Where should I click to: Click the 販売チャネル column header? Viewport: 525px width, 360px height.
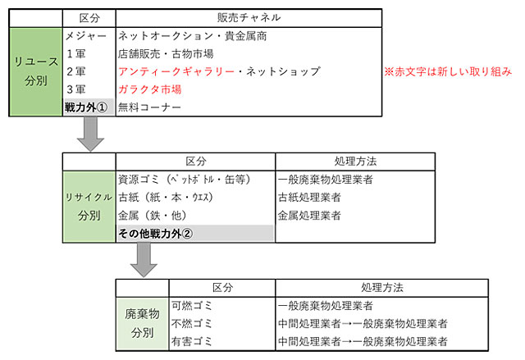[x=249, y=18]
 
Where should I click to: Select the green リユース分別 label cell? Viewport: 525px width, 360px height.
[x=36, y=71]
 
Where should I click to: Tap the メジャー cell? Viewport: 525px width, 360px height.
[x=85, y=36]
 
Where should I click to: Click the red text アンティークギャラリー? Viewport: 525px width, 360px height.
[x=176, y=71]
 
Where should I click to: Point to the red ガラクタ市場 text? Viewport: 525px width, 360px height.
[x=149, y=89]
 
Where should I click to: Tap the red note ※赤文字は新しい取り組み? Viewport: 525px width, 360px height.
[x=448, y=71]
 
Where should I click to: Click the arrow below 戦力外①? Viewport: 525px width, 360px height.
[x=90, y=134]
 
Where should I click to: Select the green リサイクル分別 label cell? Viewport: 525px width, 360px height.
[x=89, y=207]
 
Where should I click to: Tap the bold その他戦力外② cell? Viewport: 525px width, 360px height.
[x=195, y=233]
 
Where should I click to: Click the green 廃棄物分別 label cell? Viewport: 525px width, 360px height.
[x=142, y=324]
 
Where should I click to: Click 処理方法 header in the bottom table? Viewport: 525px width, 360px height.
[x=382, y=288]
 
